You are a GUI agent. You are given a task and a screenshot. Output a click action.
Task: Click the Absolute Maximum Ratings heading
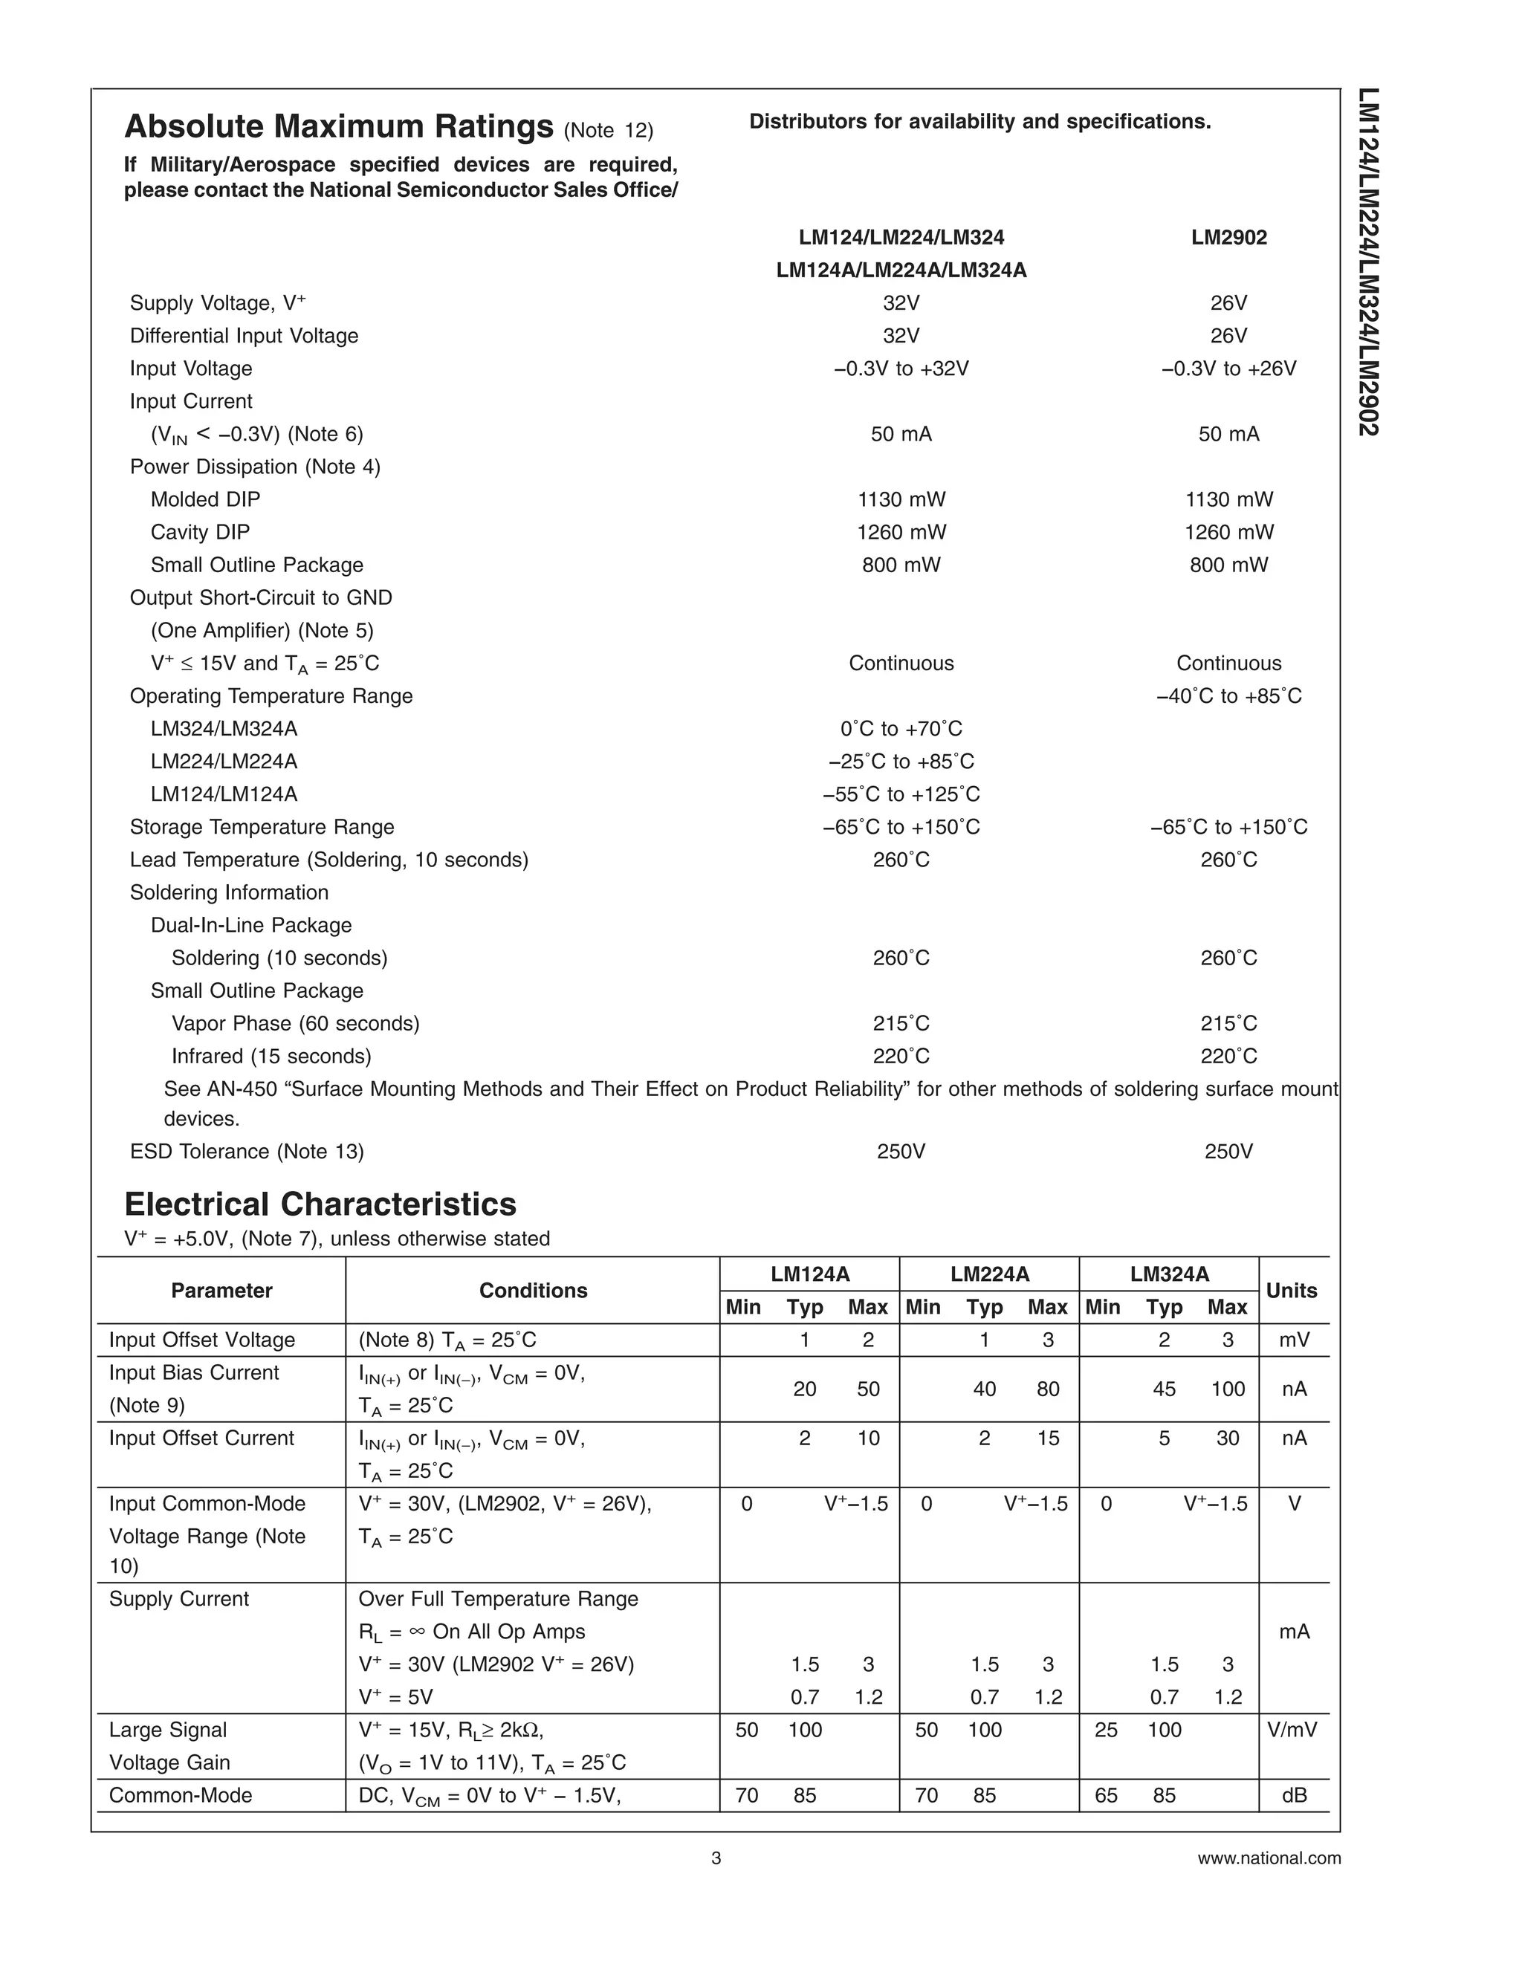pyautogui.click(x=338, y=127)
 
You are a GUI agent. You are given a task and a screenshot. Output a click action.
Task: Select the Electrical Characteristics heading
pyautogui.click(x=320, y=1204)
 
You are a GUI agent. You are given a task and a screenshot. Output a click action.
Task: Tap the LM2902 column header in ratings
pyautogui.click(x=1228, y=237)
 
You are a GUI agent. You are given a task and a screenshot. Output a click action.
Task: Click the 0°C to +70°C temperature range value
pyautogui.click(x=901, y=728)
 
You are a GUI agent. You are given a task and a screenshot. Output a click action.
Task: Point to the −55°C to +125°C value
pyautogui.click(x=901, y=794)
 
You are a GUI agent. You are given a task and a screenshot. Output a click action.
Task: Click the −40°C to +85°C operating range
pyautogui.click(x=1228, y=696)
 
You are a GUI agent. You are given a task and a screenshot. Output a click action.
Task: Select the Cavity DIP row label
pyautogui.click(x=200, y=532)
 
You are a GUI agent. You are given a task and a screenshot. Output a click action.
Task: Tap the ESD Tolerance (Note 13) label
pyautogui.click(x=247, y=1151)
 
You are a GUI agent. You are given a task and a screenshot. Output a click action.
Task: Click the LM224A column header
pyautogui.click(x=989, y=1274)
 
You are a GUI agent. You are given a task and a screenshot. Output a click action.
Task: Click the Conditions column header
pyautogui.click(x=533, y=1290)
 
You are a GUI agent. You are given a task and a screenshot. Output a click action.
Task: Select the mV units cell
pyautogui.click(x=1294, y=1340)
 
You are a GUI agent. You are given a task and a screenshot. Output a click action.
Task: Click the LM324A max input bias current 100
pyautogui.click(x=1227, y=1389)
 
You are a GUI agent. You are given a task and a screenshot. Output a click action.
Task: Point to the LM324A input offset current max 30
pyautogui.click(x=1227, y=1438)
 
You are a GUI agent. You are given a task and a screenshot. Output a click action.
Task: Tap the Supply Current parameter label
pyautogui.click(x=178, y=1598)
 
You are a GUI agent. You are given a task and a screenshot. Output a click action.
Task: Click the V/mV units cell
pyautogui.click(x=1294, y=1729)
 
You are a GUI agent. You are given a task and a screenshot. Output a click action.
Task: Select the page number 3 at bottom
pyautogui.click(x=716, y=1858)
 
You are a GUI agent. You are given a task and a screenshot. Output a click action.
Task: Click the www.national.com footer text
pyautogui.click(x=1269, y=1858)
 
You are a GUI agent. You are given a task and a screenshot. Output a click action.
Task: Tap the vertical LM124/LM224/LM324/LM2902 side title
pyautogui.click(x=1369, y=262)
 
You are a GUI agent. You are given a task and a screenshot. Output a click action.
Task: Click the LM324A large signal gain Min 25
pyautogui.click(x=1105, y=1729)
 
